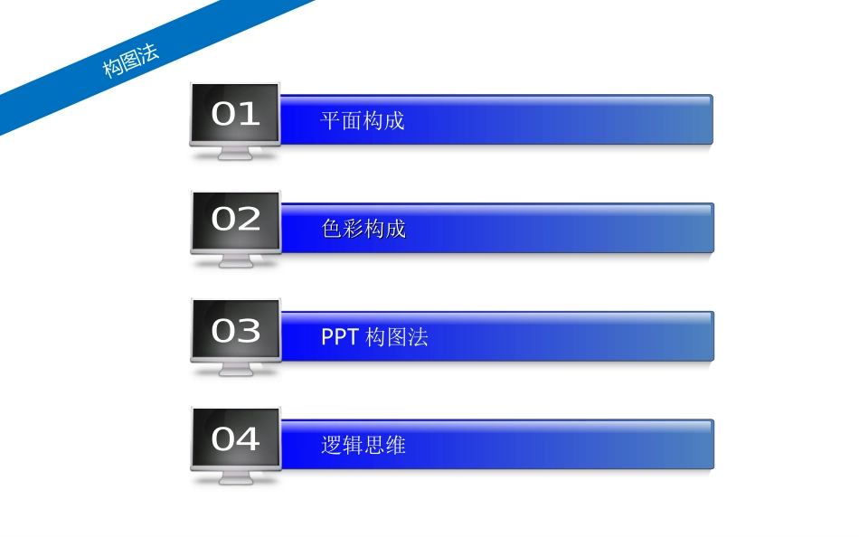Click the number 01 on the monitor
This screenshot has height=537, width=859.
(235, 114)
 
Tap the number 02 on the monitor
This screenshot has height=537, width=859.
(236, 220)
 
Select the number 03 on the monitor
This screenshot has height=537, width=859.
(236, 331)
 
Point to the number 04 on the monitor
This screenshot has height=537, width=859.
(236, 439)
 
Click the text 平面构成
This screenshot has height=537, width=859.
(363, 120)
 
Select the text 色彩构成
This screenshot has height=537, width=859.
(363, 229)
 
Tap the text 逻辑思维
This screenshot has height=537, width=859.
(363, 445)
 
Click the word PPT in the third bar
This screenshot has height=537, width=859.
(340, 337)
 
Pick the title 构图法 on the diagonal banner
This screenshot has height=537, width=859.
(130, 60)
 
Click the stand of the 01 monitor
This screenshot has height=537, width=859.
(235, 154)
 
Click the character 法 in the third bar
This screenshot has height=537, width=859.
(418, 337)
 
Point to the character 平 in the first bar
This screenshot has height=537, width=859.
(331, 120)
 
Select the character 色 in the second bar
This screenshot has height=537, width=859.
(332, 229)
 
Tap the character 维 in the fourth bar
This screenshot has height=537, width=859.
(395, 445)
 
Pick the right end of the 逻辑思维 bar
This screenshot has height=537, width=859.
(706, 444)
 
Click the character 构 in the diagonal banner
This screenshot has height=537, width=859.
(112, 68)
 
